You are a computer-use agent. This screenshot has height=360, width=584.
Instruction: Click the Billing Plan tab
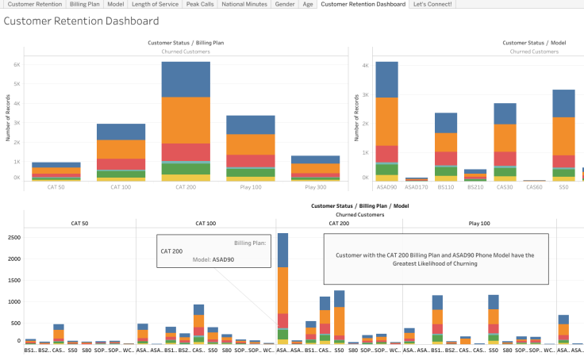pos(84,4)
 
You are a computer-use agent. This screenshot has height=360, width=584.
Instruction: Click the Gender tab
pos(284,4)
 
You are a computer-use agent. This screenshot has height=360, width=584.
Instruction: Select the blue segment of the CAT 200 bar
pos(186,79)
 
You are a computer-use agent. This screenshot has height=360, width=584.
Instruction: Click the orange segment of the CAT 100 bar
pos(121,149)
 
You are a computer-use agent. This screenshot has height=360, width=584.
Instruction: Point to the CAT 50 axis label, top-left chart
pos(56,189)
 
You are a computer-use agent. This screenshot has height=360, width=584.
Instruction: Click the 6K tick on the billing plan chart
pos(16,64)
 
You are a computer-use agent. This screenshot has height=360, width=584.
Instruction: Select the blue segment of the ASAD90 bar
pos(387,79)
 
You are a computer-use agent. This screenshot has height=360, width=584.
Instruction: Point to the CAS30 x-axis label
pos(505,189)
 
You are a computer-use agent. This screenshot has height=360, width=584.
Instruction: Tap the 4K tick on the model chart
pos(367,66)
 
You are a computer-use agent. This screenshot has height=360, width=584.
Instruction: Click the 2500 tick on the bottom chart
pos(13,237)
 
